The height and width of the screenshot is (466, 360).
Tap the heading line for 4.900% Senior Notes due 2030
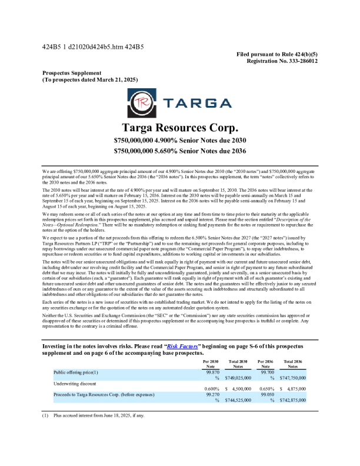[179, 141]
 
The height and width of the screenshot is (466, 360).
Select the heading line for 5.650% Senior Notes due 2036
[179, 151]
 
